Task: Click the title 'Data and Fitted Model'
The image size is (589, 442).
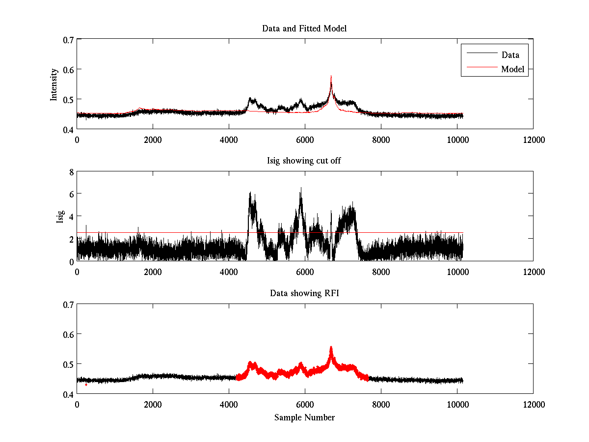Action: [x=304, y=28]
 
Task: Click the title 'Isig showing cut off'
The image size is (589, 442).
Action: [x=304, y=161]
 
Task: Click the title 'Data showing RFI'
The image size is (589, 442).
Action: [x=304, y=294]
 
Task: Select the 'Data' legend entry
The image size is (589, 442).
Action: [x=510, y=55]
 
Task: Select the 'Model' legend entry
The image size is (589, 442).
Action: [x=512, y=69]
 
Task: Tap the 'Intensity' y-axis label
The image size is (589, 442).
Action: [x=54, y=84]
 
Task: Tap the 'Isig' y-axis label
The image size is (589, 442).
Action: [x=60, y=217]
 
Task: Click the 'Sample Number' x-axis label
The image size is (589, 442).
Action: [x=304, y=417]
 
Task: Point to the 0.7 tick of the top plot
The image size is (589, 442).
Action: [x=67, y=39]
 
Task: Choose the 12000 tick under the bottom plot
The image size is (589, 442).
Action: [x=533, y=404]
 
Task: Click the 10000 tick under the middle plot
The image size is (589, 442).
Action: [x=457, y=272]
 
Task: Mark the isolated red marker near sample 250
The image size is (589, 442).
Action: [x=86, y=385]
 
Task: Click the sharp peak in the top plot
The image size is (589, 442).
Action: [x=331, y=77]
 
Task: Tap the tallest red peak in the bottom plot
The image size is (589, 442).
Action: [x=331, y=348]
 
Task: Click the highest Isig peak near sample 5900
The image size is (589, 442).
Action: [x=301, y=188]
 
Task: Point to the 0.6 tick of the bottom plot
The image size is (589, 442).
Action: [x=67, y=334]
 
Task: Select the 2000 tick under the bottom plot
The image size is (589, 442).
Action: [x=153, y=404]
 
